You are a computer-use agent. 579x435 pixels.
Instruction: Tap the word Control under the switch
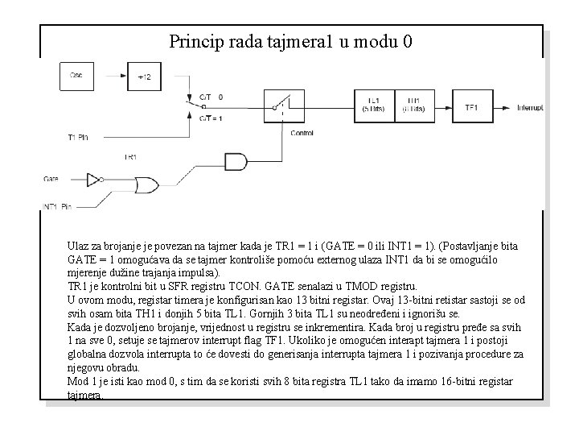[x=302, y=132]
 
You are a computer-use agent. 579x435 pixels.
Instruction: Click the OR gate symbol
[x=146, y=184]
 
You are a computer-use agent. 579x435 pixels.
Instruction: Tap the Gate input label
[x=51, y=177]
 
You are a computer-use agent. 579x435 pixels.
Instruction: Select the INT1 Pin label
[x=57, y=207]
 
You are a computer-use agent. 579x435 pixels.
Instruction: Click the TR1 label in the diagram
[x=130, y=156]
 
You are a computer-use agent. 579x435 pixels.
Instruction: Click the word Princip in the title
[x=195, y=41]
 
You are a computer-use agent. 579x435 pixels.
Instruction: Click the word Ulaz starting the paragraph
[x=79, y=244]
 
